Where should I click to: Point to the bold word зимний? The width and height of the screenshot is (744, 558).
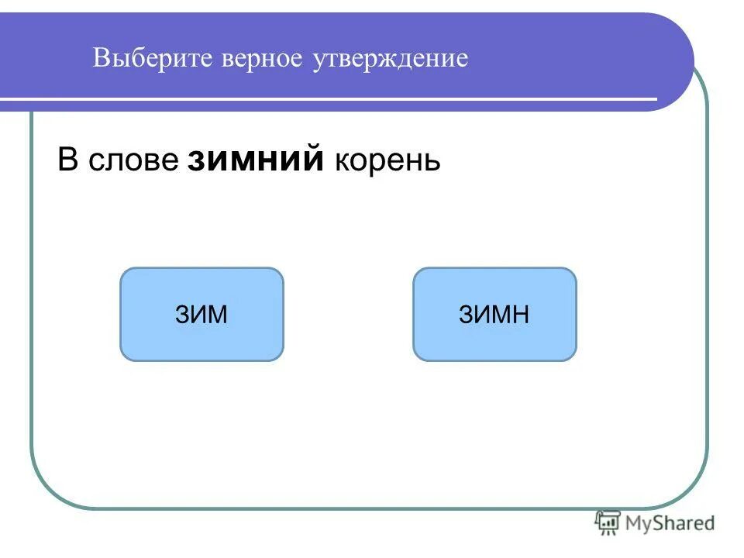pos(256,160)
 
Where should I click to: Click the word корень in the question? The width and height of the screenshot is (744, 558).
pos(387,160)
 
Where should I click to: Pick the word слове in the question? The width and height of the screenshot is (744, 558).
pos(133,160)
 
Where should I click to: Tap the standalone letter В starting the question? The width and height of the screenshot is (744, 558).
pos(68,160)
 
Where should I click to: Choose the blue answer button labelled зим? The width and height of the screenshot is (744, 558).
pos(201,314)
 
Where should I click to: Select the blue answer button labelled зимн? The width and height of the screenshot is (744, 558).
pos(494,314)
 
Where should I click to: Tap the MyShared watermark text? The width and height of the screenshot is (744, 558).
pos(671,524)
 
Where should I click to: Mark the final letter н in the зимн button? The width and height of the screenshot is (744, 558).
pos(521,315)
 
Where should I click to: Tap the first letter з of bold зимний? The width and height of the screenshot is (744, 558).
pos(195,160)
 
